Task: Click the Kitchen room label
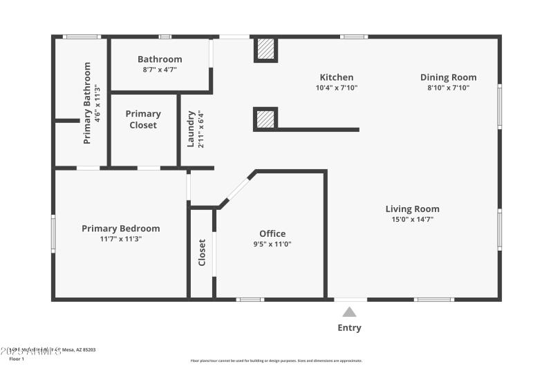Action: click(x=336, y=77)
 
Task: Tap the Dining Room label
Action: click(x=448, y=77)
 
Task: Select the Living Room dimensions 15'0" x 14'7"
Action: click(x=412, y=220)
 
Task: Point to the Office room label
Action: click(x=272, y=233)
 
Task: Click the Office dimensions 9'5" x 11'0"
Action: click(x=272, y=244)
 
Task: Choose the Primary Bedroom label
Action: click(x=120, y=229)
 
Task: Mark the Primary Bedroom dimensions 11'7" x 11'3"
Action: click(x=120, y=239)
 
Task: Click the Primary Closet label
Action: click(x=143, y=119)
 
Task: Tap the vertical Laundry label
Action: click(x=191, y=128)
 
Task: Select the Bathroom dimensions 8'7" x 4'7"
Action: click(x=160, y=70)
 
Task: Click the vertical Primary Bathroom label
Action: click(x=88, y=103)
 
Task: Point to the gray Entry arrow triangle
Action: click(x=349, y=312)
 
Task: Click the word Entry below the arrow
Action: click(x=349, y=328)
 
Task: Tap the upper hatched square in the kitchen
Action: click(x=265, y=49)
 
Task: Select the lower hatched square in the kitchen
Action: click(x=265, y=119)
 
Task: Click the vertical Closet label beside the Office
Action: click(x=202, y=253)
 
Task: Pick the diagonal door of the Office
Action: click(x=236, y=188)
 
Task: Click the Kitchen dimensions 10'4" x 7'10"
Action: click(x=336, y=88)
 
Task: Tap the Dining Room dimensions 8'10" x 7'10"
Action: click(x=448, y=88)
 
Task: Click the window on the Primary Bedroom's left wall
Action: click(x=53, y=233)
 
